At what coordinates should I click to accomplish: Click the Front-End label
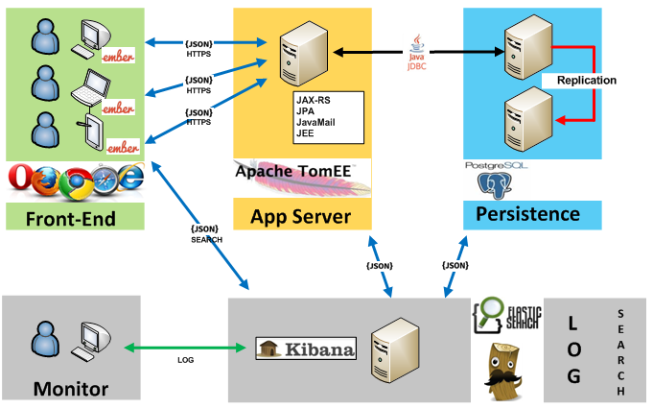(x=73, y=219)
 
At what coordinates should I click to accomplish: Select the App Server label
(x=300, y=216)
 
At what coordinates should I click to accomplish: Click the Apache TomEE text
(x=292, y=173)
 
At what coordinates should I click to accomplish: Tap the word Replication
(x=586, y=81)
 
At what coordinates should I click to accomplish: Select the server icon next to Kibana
(x=394, y=348)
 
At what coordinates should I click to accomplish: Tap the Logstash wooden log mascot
(x=503, y=366)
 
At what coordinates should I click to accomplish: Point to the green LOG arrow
(x=187, y=347)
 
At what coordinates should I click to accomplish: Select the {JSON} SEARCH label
(x=206, y=233)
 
